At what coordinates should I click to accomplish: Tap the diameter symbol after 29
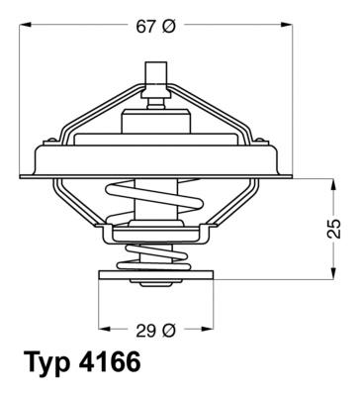pyautogui.click(x=169, y=329)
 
